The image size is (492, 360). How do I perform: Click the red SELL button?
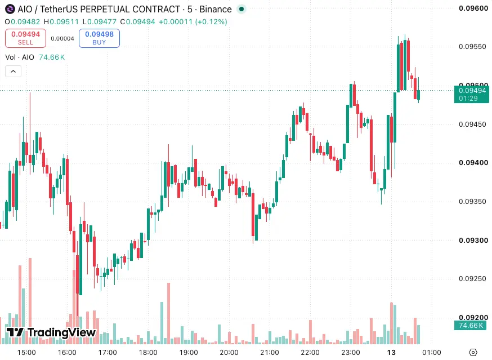(x=25, y=38)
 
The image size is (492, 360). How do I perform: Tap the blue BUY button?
(x=99, y=38)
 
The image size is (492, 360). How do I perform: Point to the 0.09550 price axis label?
(x=472, y=47)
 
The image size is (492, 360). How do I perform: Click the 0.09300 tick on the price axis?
(x=473, y=241)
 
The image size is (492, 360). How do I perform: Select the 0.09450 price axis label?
(x=472, y=124)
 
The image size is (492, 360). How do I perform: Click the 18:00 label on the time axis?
(x=148, y=353)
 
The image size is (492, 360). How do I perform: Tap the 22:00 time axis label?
(x=310, y=353)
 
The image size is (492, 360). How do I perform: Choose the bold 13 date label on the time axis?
(x=391, y=353)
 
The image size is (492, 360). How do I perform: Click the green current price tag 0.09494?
(x=472, y=94)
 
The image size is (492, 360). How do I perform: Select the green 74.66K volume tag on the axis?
(x=471, y=326)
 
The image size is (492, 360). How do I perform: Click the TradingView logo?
(x=51, y=332)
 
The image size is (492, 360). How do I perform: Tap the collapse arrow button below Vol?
(x=13, y=72)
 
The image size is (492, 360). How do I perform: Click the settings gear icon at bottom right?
(x=473, y=353)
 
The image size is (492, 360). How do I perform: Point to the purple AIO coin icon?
(x=10, y=9)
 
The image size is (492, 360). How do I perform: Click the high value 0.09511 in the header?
(x=64, y=21)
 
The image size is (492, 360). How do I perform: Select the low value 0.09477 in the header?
(x=102, y=21)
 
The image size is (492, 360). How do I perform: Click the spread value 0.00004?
(x=62, y=39)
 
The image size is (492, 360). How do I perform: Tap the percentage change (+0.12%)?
(x=211, y=21)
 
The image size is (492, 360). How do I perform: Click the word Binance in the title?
(x=216, y=9)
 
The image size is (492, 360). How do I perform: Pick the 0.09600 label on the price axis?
(x=473, y=8)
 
